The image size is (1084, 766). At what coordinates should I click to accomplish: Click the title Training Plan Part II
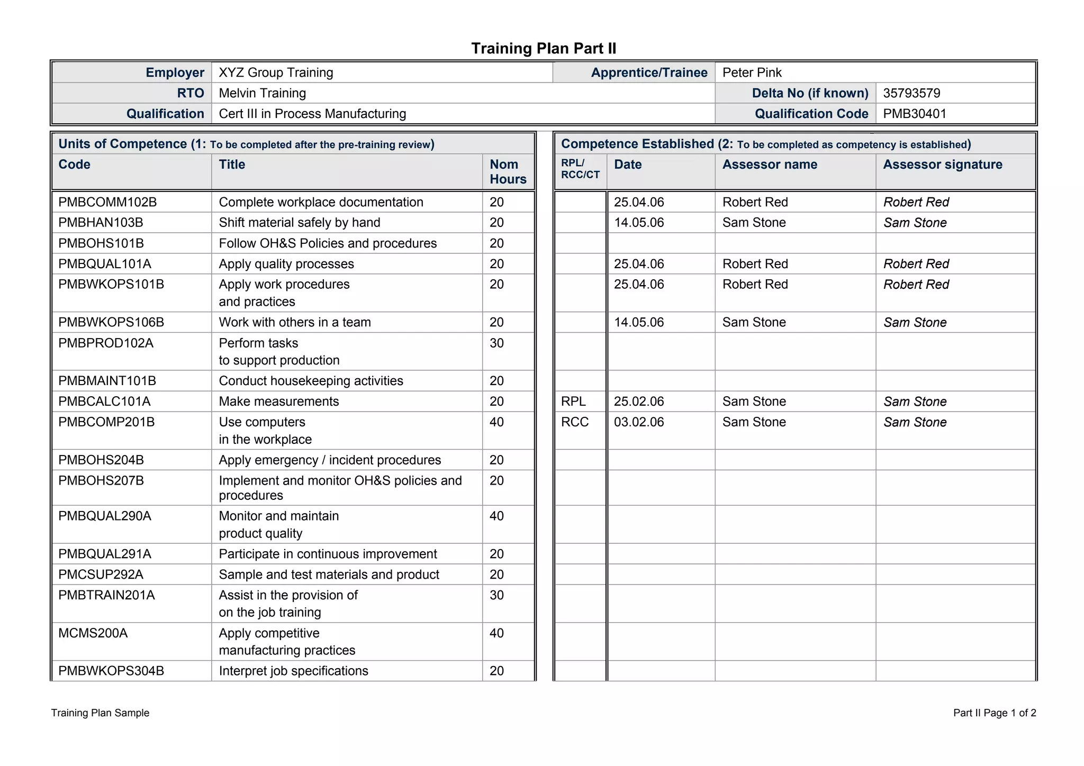544,49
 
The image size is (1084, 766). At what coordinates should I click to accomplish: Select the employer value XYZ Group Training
276,72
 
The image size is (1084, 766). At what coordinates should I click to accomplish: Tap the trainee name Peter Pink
752,72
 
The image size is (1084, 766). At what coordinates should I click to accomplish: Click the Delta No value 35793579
911,93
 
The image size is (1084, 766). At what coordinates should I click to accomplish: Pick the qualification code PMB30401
914,114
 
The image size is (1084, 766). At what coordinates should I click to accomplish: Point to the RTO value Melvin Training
262,93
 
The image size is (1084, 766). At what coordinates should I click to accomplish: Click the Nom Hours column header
508,171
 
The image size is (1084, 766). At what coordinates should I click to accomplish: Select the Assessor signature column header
942,165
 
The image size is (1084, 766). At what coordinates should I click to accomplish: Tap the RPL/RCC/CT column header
580,169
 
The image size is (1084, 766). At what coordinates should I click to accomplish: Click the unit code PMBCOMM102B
107,202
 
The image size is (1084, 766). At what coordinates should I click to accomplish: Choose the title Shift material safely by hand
299,223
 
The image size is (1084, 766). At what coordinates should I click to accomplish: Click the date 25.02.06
638,402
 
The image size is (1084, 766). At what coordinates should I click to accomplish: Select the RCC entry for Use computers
575,422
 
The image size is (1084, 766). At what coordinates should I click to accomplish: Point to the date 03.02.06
638,422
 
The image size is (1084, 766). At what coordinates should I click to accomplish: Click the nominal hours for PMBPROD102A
496,343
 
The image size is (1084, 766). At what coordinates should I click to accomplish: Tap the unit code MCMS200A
93,633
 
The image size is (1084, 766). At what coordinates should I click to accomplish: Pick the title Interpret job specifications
293,671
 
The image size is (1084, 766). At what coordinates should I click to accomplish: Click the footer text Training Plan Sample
100,713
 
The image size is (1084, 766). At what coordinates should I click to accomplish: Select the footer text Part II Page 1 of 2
994,713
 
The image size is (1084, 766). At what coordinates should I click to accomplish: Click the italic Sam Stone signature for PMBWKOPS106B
915,323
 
